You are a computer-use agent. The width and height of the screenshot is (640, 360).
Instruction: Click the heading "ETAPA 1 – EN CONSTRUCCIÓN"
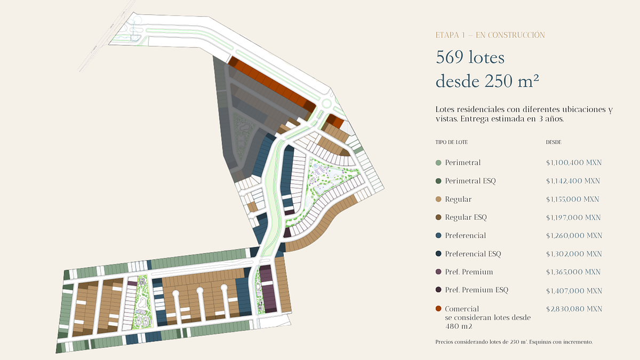490,35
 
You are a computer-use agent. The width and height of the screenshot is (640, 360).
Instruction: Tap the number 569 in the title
450,57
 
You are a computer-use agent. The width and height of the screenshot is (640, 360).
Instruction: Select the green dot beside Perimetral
438,163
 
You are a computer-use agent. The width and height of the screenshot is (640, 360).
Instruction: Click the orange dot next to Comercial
438,309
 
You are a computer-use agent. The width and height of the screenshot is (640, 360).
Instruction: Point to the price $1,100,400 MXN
574,163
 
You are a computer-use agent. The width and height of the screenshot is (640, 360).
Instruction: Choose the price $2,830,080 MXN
574,309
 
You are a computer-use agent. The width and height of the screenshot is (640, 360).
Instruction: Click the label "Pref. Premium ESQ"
477,290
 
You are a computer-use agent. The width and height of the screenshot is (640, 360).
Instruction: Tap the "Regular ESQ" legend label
466,218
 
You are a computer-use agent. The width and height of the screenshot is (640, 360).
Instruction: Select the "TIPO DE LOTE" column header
451,142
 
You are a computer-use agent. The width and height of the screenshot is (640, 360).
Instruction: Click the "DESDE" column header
554,142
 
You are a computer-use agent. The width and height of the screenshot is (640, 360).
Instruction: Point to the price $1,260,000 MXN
574,236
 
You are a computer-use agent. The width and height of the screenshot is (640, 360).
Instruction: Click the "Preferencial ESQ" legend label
473,254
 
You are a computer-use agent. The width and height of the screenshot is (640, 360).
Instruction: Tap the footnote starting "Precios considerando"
514,342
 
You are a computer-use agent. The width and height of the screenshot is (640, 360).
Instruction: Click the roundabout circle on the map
326,103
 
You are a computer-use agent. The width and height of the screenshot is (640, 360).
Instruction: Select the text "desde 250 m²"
487,81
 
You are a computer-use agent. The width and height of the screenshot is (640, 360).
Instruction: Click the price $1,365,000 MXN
573,272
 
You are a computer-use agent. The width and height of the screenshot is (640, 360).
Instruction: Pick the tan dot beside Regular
438,199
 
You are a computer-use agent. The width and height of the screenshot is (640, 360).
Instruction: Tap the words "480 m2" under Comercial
459,326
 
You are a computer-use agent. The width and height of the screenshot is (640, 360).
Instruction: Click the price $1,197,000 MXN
573,218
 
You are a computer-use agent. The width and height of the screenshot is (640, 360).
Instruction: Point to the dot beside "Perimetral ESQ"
438,181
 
